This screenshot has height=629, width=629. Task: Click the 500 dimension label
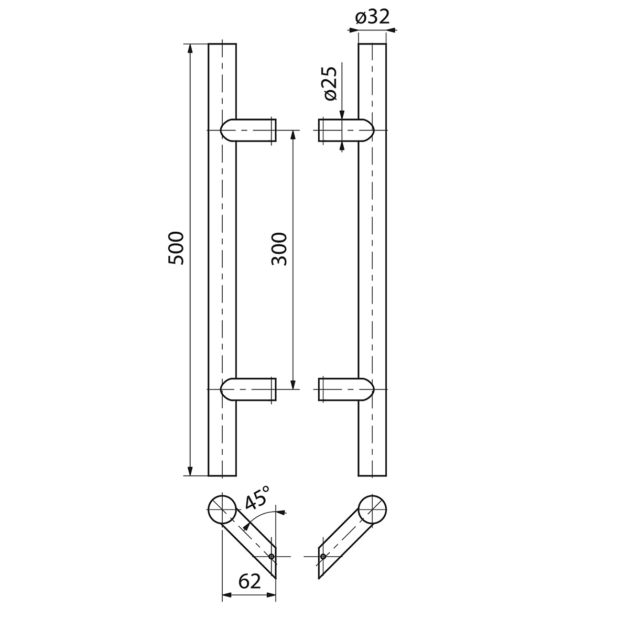pos(177,247)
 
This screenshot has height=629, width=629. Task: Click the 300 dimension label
pos(280,248)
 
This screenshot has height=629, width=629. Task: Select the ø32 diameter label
pos(373,17)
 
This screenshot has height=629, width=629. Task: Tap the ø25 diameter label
pos(330,84)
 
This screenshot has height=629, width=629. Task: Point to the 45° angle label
pos(257,497)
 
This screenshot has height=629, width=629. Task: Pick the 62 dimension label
pos(249,581)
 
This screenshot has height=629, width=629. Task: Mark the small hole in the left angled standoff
pos(272,557)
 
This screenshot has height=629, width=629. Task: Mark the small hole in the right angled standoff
pos(323,557)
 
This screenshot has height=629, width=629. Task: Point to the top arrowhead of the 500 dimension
pos(190,48)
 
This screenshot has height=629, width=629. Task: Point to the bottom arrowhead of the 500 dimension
pos(190,471)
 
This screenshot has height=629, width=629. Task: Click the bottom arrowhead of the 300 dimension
pos(293,385)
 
